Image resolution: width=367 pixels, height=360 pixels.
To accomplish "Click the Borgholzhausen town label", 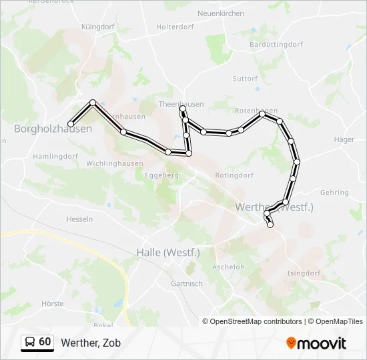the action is (x=53, y=129).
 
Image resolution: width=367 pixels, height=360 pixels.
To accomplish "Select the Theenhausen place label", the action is (x=181, y=104).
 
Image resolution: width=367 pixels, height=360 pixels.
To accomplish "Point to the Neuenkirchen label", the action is (x=221, y=13).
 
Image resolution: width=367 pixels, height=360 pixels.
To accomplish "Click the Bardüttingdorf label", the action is (x=276, y=44).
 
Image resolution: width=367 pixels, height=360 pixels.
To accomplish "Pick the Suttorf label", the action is (x=245, y=79).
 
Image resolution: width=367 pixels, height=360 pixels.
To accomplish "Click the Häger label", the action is (x=344, y=140).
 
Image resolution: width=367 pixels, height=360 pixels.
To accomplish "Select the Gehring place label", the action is (x=334, y=193).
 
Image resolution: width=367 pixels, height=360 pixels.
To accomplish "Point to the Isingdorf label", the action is (x=304, y=273).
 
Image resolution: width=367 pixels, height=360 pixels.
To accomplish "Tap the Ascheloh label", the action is (x=228, y=267).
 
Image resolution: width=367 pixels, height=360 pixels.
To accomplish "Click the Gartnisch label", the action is (x=187, y=283).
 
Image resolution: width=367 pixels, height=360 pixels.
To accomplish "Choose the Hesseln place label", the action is (x=79, y=219).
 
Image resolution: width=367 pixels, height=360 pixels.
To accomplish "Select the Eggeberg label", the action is (x=162, y=175).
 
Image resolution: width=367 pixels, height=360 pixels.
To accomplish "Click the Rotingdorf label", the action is (x=234, y=175).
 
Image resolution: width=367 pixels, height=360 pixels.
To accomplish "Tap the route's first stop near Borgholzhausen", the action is (x=71, y=123).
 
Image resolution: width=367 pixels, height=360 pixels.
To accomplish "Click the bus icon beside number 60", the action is (x=30, y=343).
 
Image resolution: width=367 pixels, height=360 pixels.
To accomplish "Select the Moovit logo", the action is (x=316, y=343).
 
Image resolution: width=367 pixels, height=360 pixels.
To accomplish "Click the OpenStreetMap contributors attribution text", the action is (x=256, y=321).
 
